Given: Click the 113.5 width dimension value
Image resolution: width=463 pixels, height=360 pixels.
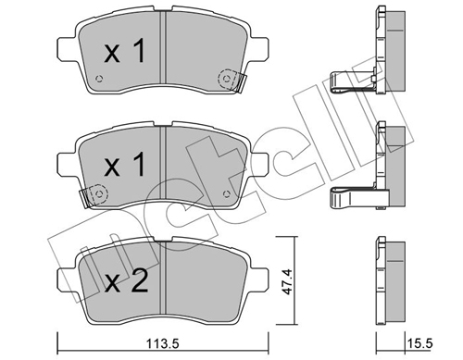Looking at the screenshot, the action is coord(164,343).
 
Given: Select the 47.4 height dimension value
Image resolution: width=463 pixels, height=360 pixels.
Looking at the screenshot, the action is coord(286,281).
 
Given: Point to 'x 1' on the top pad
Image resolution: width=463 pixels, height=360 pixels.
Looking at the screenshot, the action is coord(125,52).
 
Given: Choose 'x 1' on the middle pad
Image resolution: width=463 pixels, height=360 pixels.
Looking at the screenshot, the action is coord(125,165).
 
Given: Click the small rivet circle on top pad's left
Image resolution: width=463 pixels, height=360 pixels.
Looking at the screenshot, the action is coord(99,79).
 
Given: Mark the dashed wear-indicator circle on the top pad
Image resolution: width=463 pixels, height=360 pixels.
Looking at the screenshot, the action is coord(227,79).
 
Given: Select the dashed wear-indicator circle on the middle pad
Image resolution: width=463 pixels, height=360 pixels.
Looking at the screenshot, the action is coord(99,194).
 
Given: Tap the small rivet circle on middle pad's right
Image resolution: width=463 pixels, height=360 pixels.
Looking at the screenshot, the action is coord(226,194).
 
